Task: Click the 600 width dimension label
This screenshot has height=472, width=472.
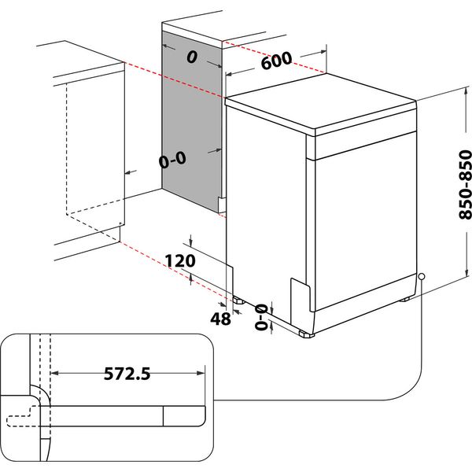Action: (276, 61)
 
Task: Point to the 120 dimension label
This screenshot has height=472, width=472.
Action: (181, 260)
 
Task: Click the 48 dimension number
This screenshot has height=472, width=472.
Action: (221, 319)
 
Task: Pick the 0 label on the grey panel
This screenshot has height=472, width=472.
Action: (191, 57)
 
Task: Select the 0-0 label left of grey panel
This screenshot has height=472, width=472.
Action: (171, 160)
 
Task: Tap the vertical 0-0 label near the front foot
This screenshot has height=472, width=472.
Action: (260, 315)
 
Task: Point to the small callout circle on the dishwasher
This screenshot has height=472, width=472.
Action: (422, 276)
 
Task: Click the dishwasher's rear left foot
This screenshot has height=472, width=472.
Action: (237, 299)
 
